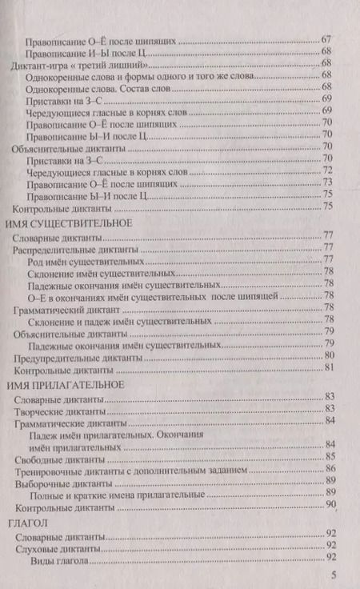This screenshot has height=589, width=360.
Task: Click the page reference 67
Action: click(326, 39)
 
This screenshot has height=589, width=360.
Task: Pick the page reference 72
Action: click(327, 170)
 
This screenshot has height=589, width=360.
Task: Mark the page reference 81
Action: click(328, 368)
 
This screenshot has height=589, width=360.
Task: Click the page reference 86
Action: click(329, 470)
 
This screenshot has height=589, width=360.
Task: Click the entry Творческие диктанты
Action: click(58, 412)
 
